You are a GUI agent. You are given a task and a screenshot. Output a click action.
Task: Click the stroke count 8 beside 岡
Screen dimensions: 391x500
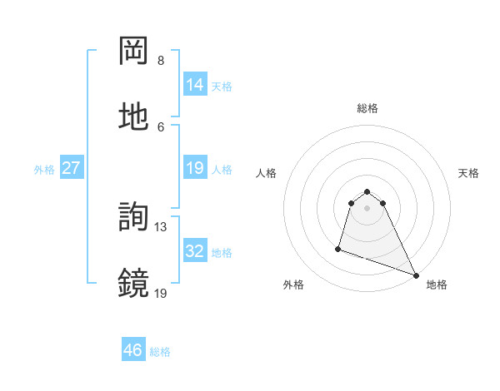161,61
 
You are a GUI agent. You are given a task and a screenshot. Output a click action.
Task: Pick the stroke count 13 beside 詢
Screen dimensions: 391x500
161,226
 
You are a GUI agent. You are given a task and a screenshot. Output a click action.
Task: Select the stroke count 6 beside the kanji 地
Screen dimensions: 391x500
161,126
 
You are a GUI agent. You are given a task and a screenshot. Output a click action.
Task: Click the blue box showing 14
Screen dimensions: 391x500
195,84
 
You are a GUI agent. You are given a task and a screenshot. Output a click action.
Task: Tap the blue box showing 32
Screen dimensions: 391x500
195,250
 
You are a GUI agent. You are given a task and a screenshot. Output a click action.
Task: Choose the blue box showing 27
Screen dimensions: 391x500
71,168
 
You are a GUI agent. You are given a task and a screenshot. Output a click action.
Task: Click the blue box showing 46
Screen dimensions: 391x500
133,350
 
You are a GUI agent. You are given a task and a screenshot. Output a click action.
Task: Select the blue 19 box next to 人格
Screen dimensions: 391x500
195,168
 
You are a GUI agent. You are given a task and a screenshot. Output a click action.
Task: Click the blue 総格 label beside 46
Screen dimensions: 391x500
160,352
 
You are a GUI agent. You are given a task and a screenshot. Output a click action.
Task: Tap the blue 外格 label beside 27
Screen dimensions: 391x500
44,170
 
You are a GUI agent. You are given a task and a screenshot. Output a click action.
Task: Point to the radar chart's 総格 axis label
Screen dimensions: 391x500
367,108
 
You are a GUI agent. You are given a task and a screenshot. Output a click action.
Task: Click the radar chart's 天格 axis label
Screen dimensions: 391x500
468,173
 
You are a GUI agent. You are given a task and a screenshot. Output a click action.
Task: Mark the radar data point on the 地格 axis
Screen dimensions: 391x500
416,275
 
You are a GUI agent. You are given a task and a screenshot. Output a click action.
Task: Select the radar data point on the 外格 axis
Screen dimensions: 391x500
338,248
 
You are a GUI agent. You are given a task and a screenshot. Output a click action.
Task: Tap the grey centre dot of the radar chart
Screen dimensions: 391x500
367,208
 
